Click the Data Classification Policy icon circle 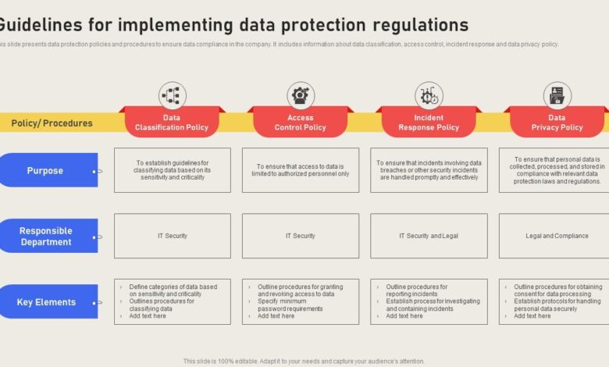(x=172, y=96)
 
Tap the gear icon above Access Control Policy (x=301, y=96)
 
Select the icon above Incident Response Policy (x=429, y=96)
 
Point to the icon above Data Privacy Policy (x=557, y=96)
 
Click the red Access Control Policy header (x=301, y=123)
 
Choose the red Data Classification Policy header (x=172, y=123)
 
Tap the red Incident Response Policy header (x=429, y=123)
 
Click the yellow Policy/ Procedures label (x=52, y=123)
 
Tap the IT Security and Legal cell (x=429, y=236)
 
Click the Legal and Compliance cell (x=556, y=236)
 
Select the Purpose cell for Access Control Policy (x=301, y=170)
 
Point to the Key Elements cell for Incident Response (x=429, y=301)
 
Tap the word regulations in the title (x=419, y=24)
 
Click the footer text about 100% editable (x=304, y=362)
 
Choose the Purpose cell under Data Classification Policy (x=172, y=170)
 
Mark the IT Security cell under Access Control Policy (x=301, y=236)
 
